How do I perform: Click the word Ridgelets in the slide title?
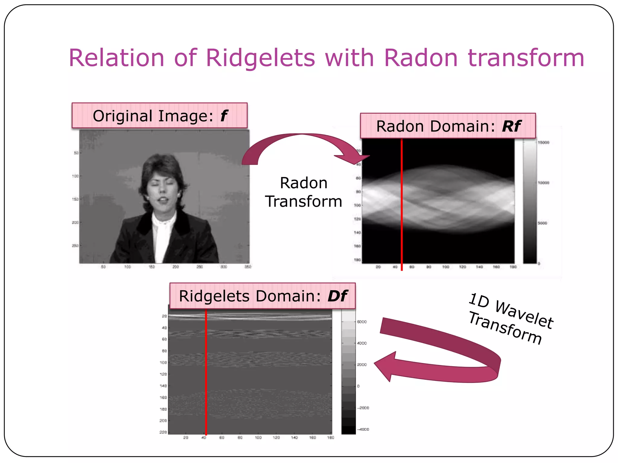[260, 58]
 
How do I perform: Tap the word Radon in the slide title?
[421, 58]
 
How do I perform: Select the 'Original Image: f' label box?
[159, 116]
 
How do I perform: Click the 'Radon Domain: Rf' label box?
[448, 126]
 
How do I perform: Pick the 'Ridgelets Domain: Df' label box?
[262, 296]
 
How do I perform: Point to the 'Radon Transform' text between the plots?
[304, 192]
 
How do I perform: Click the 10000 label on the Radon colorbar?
[543, 183]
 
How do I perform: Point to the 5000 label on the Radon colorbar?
[542, 223]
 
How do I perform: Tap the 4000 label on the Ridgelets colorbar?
[362, 343]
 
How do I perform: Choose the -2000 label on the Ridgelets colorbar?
[363, 408]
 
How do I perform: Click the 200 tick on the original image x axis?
[176, 267]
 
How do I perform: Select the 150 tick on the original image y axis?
[75, 199]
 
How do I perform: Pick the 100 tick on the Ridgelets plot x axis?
[258, 438]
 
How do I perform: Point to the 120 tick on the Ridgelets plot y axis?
[163, 374]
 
